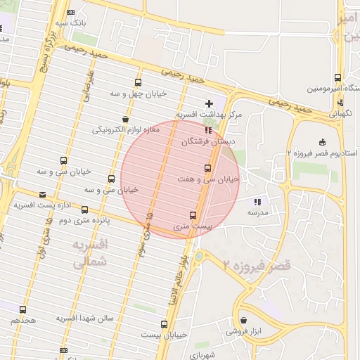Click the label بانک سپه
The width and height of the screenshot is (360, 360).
(72, 22)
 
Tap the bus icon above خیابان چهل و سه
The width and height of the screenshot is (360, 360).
(137, 82)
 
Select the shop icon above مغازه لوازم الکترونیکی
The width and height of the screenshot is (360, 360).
(125, 119)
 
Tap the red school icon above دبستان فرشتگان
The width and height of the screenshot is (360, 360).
(207, 130)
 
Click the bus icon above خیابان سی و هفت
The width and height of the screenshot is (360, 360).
(207, 168)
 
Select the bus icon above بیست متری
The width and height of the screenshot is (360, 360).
(193, 215)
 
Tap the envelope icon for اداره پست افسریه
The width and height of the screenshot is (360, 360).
(43, 194)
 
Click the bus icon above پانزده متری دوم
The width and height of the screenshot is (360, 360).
(85, 210)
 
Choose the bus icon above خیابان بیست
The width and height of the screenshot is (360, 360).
(165, 324)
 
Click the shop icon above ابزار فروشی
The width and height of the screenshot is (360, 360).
(243, 319)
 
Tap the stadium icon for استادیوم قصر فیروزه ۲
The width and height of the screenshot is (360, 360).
(322, 143)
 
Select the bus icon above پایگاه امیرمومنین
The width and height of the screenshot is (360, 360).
(337, 78)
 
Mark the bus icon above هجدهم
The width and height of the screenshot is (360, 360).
(22, 309)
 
